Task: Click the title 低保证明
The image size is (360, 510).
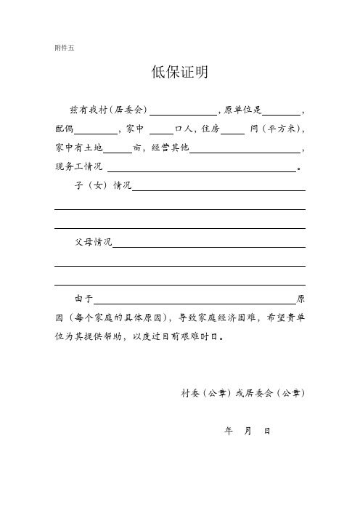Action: click(179, 72)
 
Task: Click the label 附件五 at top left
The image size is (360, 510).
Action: click(64, 49)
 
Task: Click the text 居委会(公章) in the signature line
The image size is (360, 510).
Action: click(274, 393)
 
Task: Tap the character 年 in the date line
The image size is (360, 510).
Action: click(229, 431)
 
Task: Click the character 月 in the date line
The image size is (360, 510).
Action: click(248, 431)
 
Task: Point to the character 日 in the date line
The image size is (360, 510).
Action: click(267, 431)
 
